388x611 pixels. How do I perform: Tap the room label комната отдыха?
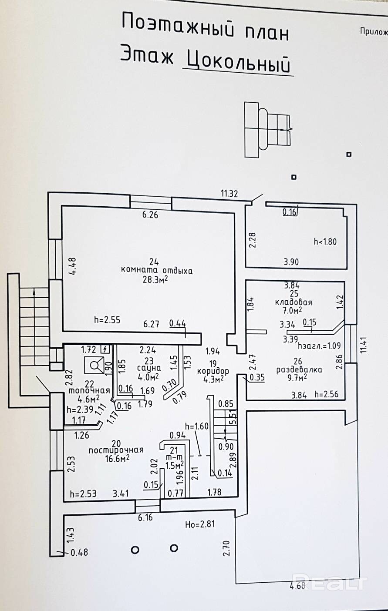click(157, 271)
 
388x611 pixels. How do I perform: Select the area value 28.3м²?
click(155, 279)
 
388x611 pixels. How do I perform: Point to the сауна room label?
click(148, 368)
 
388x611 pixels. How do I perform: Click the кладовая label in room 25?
click(294, 302)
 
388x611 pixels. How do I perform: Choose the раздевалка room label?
click(299, 370)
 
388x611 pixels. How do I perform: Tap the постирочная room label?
click(116, 450)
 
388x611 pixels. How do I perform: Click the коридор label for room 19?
click(213, 371)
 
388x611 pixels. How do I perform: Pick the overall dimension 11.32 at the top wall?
click(229, 194)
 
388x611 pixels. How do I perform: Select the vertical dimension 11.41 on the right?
click(363, 345)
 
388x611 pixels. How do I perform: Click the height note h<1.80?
click(325, 242)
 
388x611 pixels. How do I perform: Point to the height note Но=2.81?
click(200, 524)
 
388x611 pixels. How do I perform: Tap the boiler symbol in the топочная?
click(94, 365)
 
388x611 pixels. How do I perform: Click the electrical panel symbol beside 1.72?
click(105, 349)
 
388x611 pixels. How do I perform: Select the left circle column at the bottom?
click(135, 550)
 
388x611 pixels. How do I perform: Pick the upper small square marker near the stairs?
click(349, 154)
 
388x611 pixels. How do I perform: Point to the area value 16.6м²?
click(117, 459)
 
